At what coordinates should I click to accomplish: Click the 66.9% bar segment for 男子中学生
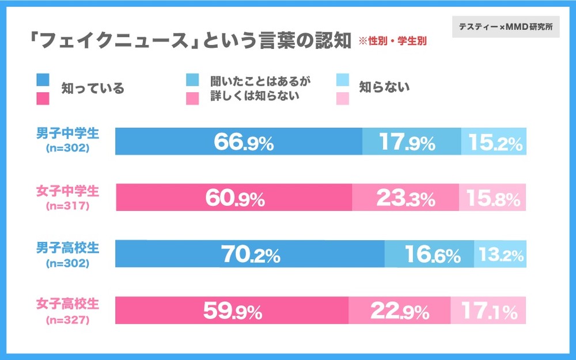click(x=238, y=142)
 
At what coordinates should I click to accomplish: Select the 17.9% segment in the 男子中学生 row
click(x=411, y=142)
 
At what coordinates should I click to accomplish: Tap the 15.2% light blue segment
click(x=494, y=142)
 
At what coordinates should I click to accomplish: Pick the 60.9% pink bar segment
click(x=234, y=198)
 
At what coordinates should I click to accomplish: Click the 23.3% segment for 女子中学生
click(x=405, y=198)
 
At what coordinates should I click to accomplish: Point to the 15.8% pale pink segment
click(x=492, y=198)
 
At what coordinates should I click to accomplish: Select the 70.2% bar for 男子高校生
click(x=249, y=254)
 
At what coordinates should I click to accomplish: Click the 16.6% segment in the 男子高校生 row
click(x=429, y=254)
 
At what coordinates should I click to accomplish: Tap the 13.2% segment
click(x=500, y=254)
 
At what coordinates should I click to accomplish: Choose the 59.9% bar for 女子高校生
click(x=232, y=310)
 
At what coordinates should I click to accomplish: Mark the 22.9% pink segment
click(x=399, y=310)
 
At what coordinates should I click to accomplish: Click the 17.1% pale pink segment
click(x=488, y=310)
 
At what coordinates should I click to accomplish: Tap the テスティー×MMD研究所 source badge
click(x=505, y=27)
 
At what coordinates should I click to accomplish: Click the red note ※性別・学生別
click(x=397, y=41)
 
